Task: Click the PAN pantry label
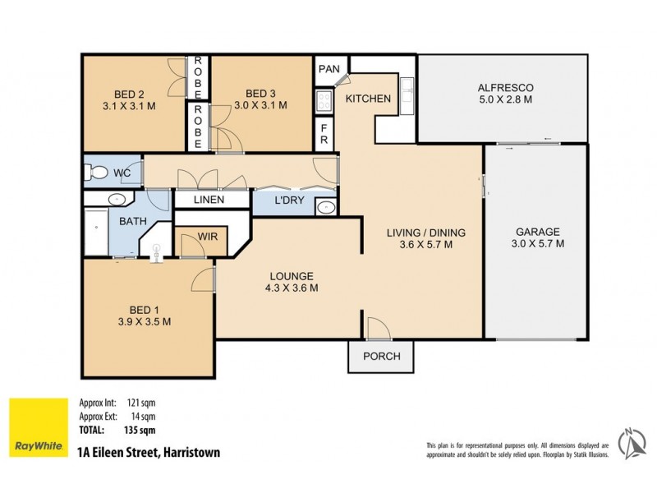pos(329,68)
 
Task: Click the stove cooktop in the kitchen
pos(324,101)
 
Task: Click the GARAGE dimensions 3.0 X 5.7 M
pos(537,243)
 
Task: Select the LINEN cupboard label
pos(210,200)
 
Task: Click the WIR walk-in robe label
pos(197,238)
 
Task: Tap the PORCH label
pos(382,356)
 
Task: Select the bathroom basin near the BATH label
pos(116,199)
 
